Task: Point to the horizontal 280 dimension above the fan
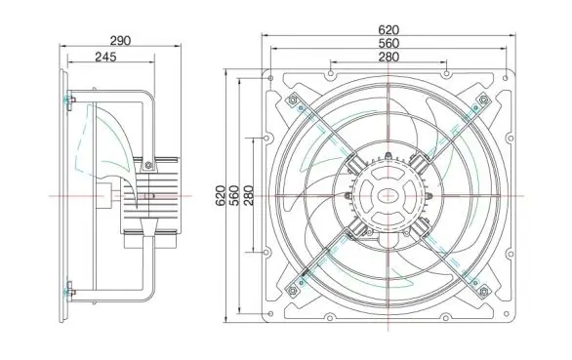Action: (x=388, y=57)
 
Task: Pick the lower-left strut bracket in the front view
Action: (x=294, y=285)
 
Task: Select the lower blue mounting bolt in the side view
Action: (x=68, y=289)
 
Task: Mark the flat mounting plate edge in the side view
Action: (x=61, y=195)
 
